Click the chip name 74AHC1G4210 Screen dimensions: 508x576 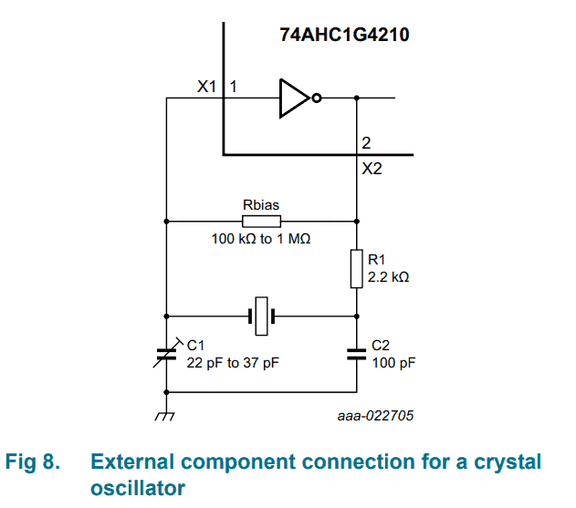pyautogui.click(x=344, y=36)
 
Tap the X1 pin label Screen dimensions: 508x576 pyautogui.click(x=206, y=88)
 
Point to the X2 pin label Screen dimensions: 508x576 pyautogui.click(x=372, y=169)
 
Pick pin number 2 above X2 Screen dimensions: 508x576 pyautogui.click(x=366, y=144)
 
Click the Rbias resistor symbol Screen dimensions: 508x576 pyautogui.click(x=261, y=221)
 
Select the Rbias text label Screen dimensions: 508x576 pyautogui.click(x=261, y=204)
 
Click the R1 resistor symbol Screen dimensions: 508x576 pyautogui.click(x=356, y=268)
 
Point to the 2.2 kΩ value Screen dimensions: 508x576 pyautogui.click(x=388, y=277)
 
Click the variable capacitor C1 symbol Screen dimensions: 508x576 pyautogui.click(x=167, y=354)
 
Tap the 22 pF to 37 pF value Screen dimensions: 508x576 pyautogui.click(x=233, y=362)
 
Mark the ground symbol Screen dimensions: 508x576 pyautogui.click(x=166, y=416)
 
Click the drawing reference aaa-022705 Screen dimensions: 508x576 pyautogui.click(x=375, y=415)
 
